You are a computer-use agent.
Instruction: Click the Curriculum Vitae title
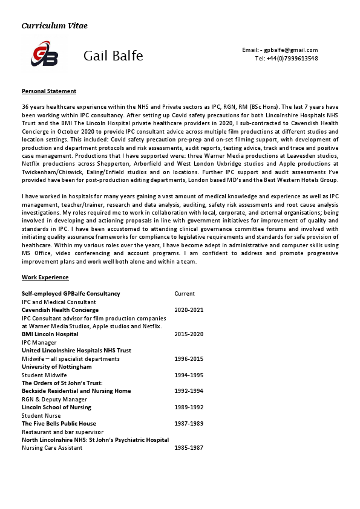(54, 25)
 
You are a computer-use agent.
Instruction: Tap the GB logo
(45, 56)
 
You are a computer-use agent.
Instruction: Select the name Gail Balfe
(113, 56)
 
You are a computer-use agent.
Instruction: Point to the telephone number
(286, 59)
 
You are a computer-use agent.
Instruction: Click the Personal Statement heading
(49, 91)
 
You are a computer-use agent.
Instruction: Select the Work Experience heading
(45, 277)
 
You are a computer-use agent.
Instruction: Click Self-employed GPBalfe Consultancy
(71, 294)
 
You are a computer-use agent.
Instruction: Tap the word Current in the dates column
(185, 294)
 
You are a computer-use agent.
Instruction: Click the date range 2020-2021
(189, 310)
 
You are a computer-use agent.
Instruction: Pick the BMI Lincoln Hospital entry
(50, 334)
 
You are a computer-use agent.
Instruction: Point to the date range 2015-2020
(189, 334)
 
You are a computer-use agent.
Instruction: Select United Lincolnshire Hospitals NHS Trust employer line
(76, 351)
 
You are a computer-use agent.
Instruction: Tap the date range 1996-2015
(189, 358)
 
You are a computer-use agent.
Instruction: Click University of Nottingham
(57, 367)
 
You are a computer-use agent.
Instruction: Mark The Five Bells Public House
(59, 424)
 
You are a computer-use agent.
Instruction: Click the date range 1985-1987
(189, 448)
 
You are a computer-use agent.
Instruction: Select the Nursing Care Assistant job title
(53, 448)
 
